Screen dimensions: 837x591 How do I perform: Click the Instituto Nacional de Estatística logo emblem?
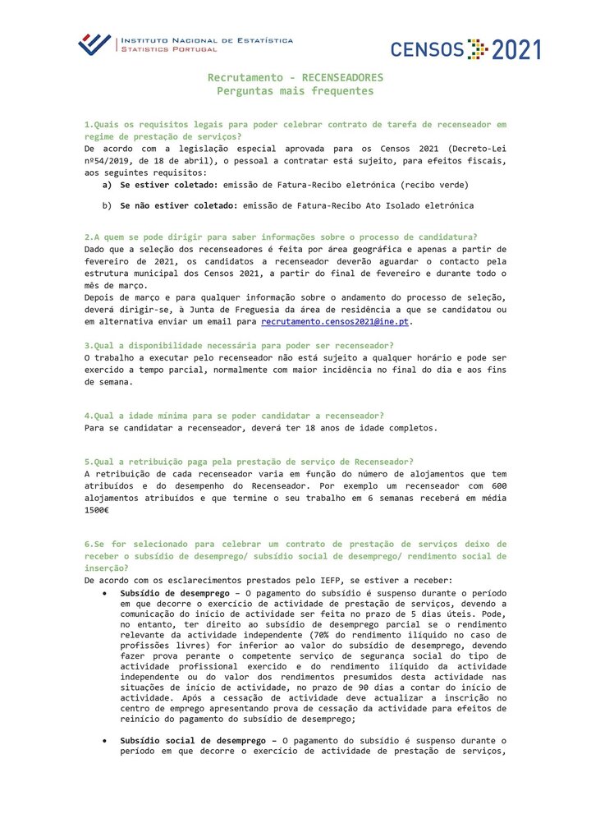(94, 44)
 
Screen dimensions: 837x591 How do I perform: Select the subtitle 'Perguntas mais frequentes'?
(295, 90)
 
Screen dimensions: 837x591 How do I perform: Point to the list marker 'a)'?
(107, 186)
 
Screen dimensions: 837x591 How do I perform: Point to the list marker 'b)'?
(107, 205)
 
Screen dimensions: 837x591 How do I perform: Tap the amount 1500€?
(97, 509)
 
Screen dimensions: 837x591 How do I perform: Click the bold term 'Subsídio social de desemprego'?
(195, 741)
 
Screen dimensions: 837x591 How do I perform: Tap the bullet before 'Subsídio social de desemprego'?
(104, 741)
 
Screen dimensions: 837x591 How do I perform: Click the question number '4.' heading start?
(89, 415)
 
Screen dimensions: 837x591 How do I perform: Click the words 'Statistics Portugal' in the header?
(168, 49)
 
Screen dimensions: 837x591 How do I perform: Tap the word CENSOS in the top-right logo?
(427, 50)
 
